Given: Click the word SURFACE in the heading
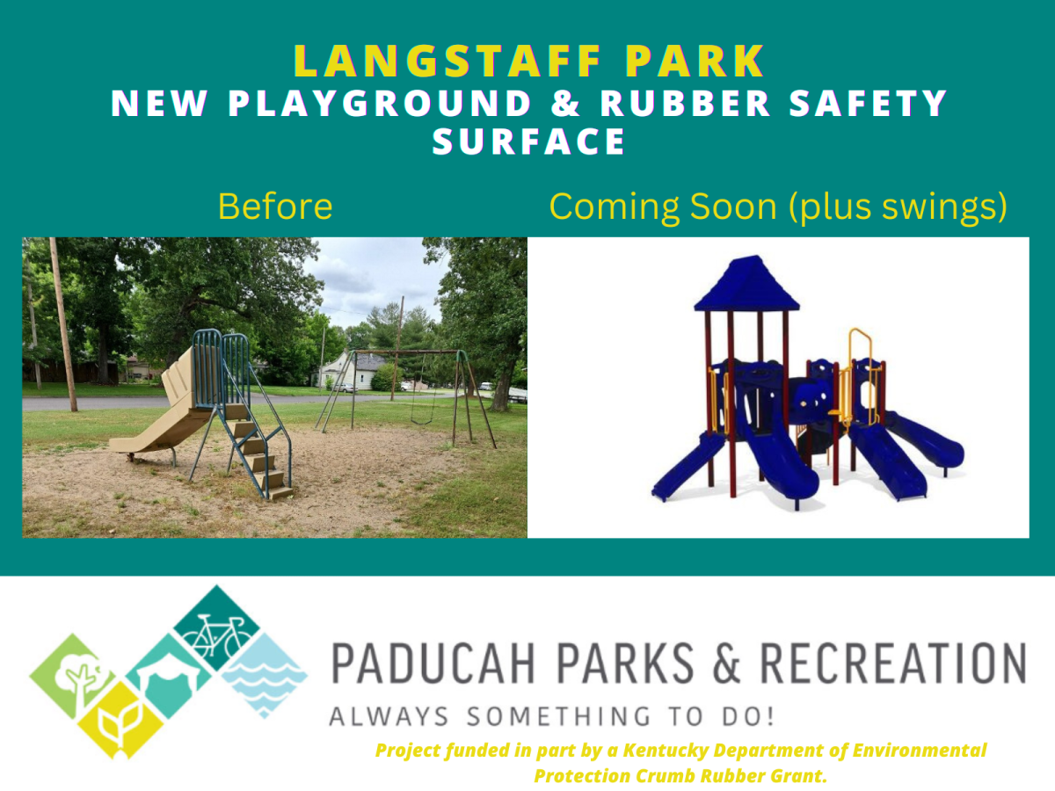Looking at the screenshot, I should (x=528, y=142).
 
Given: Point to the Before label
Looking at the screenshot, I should (x=275, y=207).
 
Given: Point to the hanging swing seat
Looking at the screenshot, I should (x=422, y=421).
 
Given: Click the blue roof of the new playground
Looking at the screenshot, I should (x=747, y=284).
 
